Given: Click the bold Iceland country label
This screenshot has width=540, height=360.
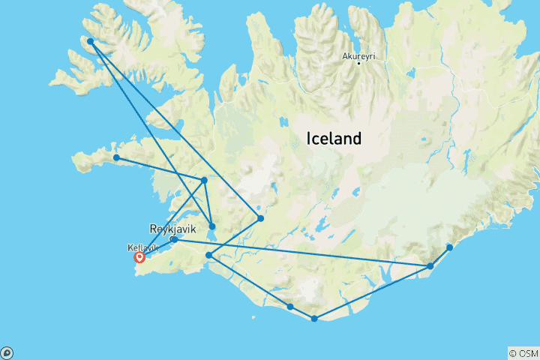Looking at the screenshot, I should point(334,139).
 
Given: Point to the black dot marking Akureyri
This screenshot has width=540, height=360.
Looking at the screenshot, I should point(359,63).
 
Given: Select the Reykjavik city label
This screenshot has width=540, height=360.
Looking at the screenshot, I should point(173,228).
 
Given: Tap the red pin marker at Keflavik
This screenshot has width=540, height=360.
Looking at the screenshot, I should point(139,257).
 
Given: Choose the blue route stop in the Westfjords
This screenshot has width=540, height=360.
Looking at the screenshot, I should point(90,42).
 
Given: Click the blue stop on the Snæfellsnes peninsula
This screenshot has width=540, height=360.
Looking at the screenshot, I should point(116,157).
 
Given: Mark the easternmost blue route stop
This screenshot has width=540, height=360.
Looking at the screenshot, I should point(449,247).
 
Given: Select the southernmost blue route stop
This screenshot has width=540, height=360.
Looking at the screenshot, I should point(314,319).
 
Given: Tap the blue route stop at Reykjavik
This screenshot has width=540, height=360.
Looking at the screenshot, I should point(173,240).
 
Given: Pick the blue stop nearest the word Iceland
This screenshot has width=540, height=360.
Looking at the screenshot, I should point(260,218).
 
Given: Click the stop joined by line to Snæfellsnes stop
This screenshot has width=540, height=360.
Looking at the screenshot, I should point(204,180).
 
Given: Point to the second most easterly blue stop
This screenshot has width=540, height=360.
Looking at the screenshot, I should point(430,266).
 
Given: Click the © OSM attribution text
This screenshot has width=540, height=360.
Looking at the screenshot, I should point(523,352).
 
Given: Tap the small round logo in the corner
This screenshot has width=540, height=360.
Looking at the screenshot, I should point(7,352).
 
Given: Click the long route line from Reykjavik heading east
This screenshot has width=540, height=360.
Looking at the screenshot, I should point(300,253).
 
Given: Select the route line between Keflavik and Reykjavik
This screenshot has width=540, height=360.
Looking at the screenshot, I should point(156,249).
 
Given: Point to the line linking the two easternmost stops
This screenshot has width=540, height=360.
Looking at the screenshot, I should point(440,256).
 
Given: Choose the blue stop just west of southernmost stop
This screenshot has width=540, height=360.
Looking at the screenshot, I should point(290,307).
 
